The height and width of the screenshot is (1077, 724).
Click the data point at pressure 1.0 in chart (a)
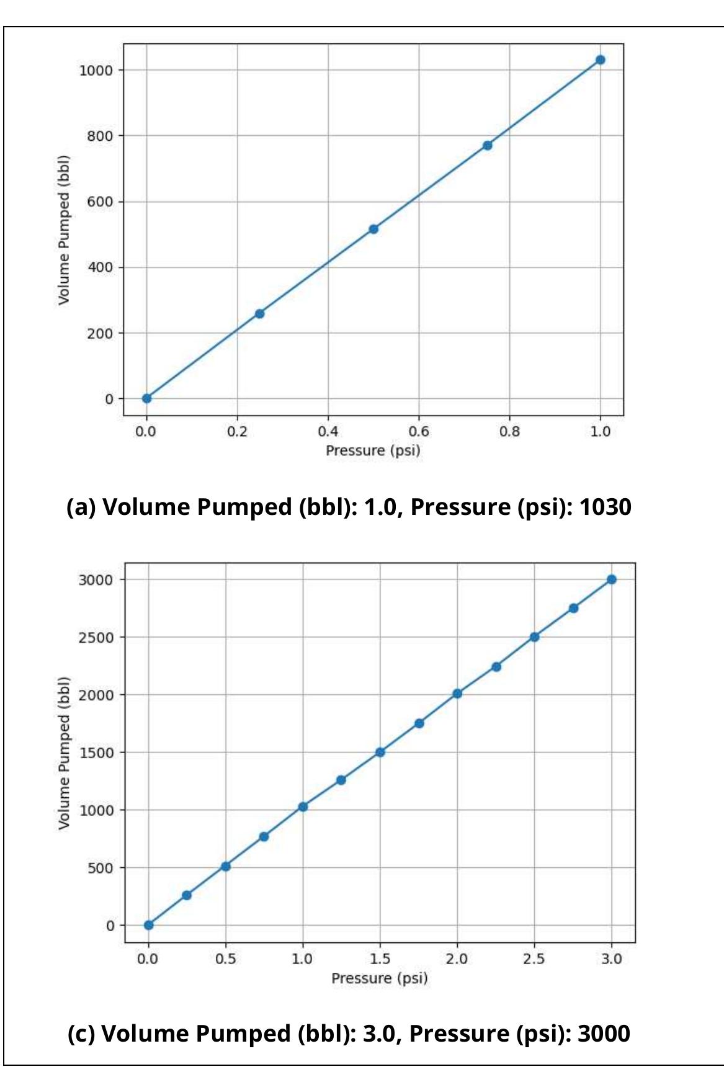click(x=601, y=60)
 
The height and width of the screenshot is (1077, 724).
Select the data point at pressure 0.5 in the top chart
click(x=373, y=229)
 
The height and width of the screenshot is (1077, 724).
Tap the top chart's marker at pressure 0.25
click(x=260, y=314)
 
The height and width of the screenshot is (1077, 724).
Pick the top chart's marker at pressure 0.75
click(x=488, y=145)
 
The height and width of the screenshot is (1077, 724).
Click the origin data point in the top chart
click(x=146, y=398)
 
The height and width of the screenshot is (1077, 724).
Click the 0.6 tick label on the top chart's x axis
click(x=419, y=431)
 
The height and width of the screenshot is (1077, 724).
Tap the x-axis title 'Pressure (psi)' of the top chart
click(x=373, y=450)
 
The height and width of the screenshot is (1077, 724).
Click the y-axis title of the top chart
click(x=64, y=230)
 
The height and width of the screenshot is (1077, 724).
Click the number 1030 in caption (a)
click(x=605, y=507)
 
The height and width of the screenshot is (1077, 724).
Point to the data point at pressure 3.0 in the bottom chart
click(x=612, y=579)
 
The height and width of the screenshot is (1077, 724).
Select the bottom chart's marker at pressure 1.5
click(x=380, y=752)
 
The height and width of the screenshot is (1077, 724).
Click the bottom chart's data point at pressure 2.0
click(x=457, y=694)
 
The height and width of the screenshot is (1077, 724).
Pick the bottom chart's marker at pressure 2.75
click(x=573, y=608)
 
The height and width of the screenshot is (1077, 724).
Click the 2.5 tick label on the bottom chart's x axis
click(x=534, y=959)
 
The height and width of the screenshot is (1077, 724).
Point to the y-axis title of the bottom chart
click(x=64, y=753)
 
